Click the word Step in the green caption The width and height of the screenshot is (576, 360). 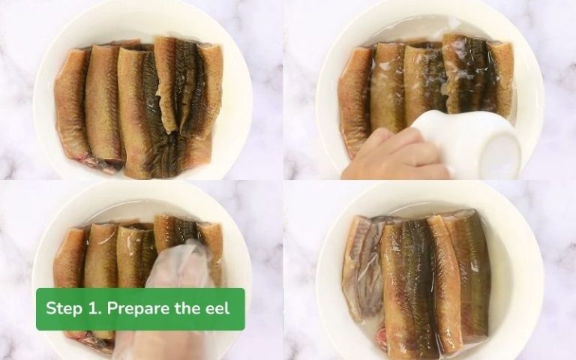coord(65,308)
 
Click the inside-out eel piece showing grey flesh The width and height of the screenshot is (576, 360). coord(361,266)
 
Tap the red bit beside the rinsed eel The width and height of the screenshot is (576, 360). coord(382,337)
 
